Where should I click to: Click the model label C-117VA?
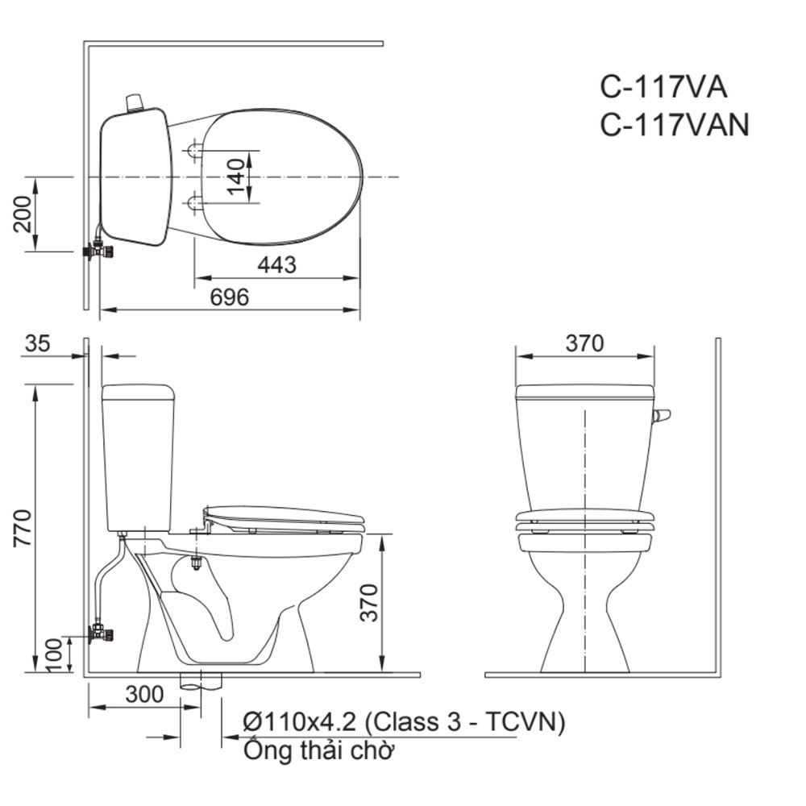tap(663, 87)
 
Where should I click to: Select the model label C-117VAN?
tap(675, 124)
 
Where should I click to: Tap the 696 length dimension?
tap(229, 297)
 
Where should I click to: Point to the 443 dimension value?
tap(277, 264)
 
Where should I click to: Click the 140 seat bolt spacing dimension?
tap(236, 177)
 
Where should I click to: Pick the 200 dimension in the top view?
tap(23, 214)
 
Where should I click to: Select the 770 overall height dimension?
tap(23, 528)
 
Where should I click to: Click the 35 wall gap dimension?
tap(38, 343)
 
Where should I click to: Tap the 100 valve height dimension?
tap(54, 654)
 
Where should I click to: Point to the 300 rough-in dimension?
tap(144, 695)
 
